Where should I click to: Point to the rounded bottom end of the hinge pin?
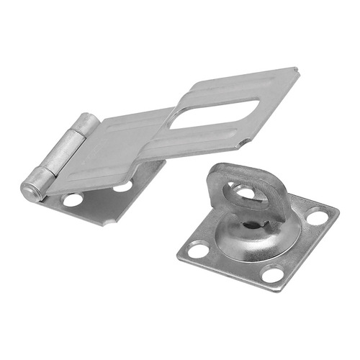click(30, 192)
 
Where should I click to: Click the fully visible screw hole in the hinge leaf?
click(72, 199)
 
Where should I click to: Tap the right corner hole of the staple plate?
click(317, 216)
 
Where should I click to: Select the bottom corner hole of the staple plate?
click(272, 274)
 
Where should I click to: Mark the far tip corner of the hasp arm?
click(295, 69)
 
